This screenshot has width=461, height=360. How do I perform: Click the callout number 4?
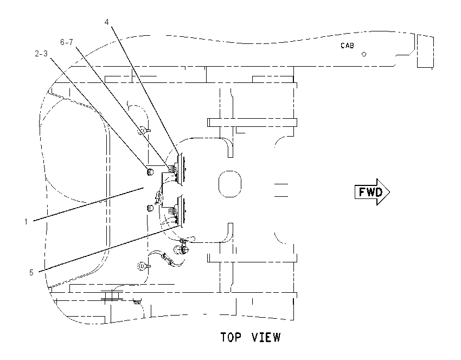pos(107,22)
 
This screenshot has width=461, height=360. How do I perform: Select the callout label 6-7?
pos(67,42)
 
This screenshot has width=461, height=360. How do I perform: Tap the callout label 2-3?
pos(41,54)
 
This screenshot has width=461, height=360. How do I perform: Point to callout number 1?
pos(26,222)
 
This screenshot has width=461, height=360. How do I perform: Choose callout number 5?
pos(31,273)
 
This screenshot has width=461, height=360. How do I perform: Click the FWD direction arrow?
pos(372,192)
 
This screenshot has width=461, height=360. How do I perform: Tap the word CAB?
pos(347,46)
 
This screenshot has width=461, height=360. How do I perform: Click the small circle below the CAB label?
pos(364,54)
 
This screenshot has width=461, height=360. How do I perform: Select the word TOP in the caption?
pos(231,337)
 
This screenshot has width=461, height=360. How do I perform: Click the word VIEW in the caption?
pos(266,337)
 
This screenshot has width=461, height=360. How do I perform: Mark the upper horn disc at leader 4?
pos(181,169)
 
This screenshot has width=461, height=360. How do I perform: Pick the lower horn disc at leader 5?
pos(181,211)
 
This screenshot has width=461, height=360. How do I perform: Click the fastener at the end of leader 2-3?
pos(150,171)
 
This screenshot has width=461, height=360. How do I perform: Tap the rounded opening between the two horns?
pos(229,184)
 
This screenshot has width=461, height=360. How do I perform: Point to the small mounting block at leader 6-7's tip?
pos(171,169)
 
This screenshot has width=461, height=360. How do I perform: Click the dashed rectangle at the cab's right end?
pos(425,51)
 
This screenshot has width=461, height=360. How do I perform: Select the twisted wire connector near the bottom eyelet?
pos(167,259)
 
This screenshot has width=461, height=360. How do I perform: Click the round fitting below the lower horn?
pos(180,250)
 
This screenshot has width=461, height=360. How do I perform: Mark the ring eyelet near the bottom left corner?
pos(143,266)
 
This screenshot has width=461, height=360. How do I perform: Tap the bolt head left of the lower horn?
pos(150,208)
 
